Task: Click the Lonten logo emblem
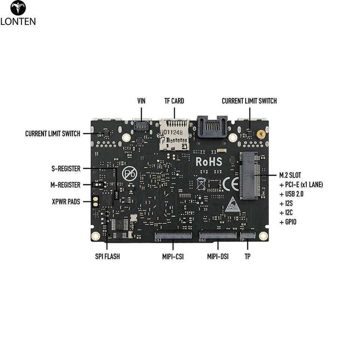[18, 8]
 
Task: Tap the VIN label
[141, 101]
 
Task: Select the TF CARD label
[174, 101]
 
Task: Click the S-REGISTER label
[66, 169]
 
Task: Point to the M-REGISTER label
[65, 185]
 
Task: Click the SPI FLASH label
[107, 257]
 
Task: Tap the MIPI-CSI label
[173, 257]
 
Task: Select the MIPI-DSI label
[218, 257]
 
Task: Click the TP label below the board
[247, 257]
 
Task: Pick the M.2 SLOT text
[290, 175]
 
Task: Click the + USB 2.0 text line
[291, 194]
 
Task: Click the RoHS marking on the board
[209, 162]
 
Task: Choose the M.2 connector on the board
[249, 175]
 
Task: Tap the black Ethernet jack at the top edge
[212, 127]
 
